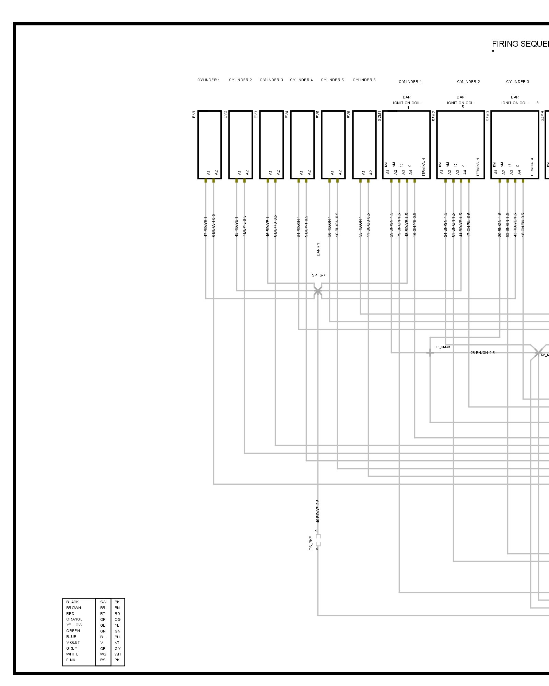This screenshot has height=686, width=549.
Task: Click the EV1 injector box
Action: pos(209,144)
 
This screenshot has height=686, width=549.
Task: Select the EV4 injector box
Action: pos(302,144)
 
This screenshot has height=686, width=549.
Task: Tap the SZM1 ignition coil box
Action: pos(406,144)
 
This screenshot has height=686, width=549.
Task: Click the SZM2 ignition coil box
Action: pos(460,144)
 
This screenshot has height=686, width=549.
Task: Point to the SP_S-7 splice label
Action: pos(318,275)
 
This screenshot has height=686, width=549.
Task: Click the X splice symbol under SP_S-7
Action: pos(318,291)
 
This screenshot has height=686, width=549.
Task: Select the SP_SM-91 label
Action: pos(443,347)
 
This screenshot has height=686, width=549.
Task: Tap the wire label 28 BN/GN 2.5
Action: pos(482,353)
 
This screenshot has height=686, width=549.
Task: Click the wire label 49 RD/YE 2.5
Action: pos(318,511)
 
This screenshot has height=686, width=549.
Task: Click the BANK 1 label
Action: pos(318,249)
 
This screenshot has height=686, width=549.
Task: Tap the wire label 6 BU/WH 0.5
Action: pos(213,225)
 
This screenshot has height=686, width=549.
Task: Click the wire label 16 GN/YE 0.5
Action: pos(414,225)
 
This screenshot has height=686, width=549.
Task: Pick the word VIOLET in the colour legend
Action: pos(73,642)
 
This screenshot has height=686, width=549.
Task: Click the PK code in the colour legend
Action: pos(117,660)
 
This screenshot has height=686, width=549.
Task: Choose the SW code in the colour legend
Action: pos(103,602)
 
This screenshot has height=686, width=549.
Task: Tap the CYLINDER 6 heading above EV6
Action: pos(364,80)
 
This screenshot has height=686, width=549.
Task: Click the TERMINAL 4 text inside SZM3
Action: pos(532,167)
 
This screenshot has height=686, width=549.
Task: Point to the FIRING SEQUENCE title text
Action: pos(520,44)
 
